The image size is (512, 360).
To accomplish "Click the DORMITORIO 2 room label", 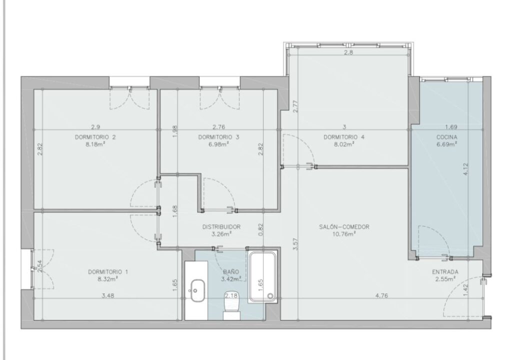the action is [x=95, y=137].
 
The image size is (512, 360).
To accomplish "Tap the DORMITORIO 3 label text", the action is [x=218, y=137].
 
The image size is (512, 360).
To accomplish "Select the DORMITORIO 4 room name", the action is [x=344, y=137].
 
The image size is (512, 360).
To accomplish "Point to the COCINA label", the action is [x=446, y=137].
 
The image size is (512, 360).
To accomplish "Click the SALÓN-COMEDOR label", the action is [x=344, y=226].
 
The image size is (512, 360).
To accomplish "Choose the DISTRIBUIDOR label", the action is [x=221, y=226].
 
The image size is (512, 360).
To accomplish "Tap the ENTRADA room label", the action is [x=445, y=272].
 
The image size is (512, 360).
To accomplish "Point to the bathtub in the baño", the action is [x=262, y=277].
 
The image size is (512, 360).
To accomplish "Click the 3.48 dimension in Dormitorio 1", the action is [x=108, y=295].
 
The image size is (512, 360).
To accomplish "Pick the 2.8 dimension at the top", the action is [x=348, y=52].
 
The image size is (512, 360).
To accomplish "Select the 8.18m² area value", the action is [x=95, y=144].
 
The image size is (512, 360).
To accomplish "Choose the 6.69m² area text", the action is [x=446, y=144].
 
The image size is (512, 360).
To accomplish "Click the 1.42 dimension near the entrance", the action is [x=465, y=290].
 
